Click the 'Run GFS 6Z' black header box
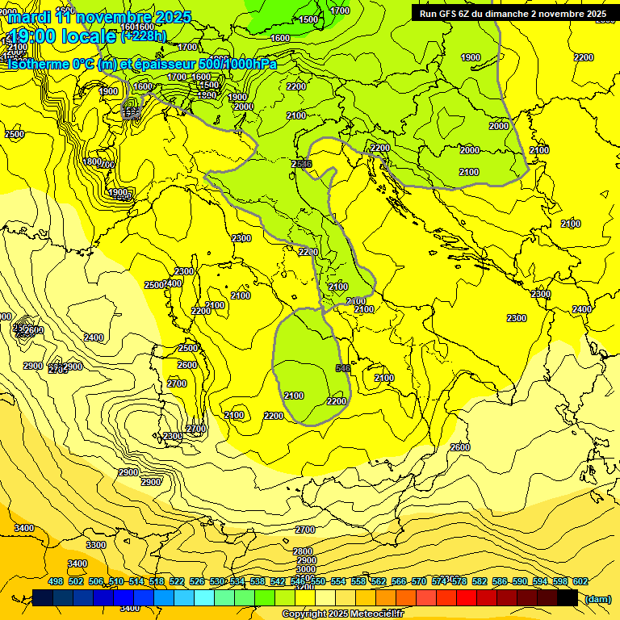pyautogui.click(x=513, y=14)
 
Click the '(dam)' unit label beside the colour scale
pyautogui.click(x=597, y=598)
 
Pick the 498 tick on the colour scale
pyautogui.click(x=56, y=581)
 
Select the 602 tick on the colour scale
pyautogui.click(x=580, y=581)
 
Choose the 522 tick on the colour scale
pyautogui.click(x=177, y=581)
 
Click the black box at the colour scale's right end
pyautogui.click(x=568, y=597)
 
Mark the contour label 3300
pyautogui.click(x=95, y=545)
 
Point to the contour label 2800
pyautogui.click(x=304, y=551)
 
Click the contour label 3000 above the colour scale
pyautogui.click(x=306, y=570)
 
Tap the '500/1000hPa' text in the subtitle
pyautogui.click(x=240, y=64)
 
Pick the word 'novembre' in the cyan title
pyautogui.click(x=114, y=17)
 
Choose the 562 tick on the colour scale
pyautogui.click(x=379, y=581)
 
